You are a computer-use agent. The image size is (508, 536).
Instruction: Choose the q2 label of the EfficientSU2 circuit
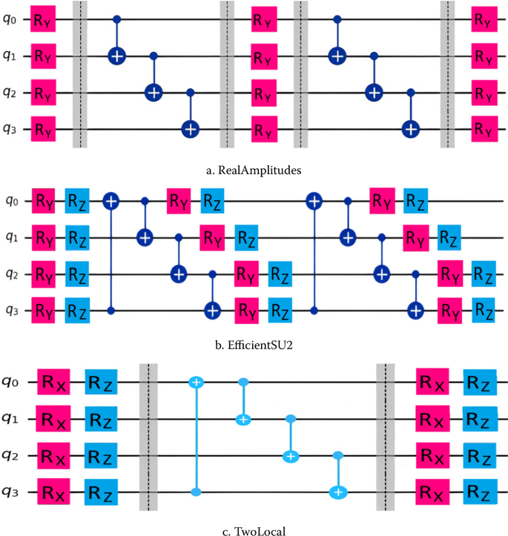(x=10, y=273)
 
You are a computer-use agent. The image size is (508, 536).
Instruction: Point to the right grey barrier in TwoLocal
(x=386, y=437)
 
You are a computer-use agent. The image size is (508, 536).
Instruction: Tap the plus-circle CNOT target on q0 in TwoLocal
(x=196, y=383)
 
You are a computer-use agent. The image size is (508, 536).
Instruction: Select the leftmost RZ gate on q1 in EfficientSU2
(x=76, y=238)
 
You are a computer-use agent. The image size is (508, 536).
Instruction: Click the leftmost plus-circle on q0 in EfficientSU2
(x=111, y=200)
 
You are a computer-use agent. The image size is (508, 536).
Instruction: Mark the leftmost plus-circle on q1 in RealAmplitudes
(x=116, y=56)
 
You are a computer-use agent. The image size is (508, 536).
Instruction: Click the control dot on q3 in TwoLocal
(x=196, y=491)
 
